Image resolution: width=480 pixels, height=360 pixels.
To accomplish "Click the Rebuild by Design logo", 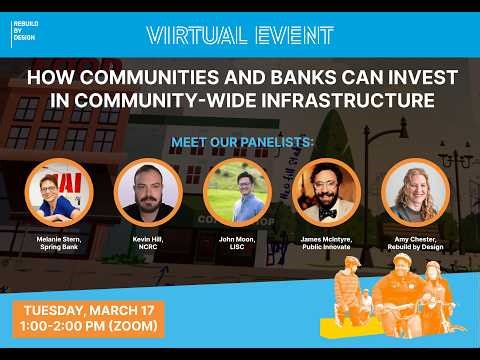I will (x=31, y=33).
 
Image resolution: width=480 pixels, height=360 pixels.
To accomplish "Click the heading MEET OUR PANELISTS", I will (x=239, y=140).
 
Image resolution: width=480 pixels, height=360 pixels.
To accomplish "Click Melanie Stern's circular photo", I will (x=58, y=191).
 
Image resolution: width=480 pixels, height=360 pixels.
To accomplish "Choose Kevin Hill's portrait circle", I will (x=148, y=191).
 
